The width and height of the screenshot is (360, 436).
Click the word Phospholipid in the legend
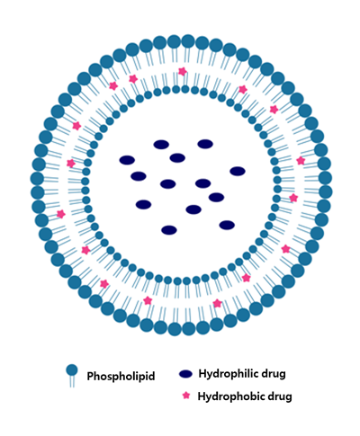(x=121, y=376)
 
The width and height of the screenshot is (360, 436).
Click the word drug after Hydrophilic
(x=274, y=374)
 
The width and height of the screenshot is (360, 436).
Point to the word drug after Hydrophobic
(x=280, y=396)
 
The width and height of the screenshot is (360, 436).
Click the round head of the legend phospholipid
(x=72, y=370)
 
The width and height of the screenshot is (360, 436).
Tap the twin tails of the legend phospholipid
(x=72, y=382)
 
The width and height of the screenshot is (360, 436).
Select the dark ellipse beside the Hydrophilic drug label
(x=185, y=374)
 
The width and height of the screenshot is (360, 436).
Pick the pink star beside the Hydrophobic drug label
(x=186, y=396)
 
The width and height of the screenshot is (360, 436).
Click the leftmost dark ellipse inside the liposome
(x=127, y=160)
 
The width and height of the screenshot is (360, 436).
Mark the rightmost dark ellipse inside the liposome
(x=238, y=171)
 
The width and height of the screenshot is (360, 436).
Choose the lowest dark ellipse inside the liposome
(x=169, y=230)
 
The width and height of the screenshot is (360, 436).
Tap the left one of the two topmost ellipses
(x=161, y=145)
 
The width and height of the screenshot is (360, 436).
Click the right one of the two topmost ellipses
(x=205, y=144)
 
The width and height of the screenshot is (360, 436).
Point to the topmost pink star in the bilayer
(x=183, y=71)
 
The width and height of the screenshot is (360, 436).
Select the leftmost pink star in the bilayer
(x=61, y=214)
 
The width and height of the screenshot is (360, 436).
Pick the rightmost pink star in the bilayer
(x=301, y=161)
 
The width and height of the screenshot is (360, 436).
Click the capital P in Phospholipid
(x=90, y=376)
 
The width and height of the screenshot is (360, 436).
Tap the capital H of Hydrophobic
(x=202, y=396)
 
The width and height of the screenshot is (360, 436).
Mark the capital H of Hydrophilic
(x=202, y=374)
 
